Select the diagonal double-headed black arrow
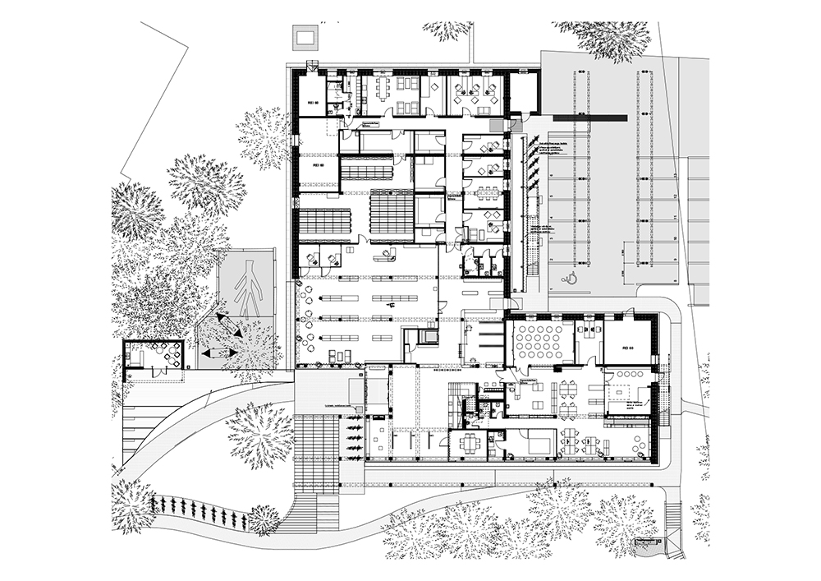point(228,325)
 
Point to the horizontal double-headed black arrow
point(218,353)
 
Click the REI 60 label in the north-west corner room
point(312,104)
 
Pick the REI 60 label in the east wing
point(630,348)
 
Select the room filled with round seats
point(538,341)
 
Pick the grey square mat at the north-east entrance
point(497,124)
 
